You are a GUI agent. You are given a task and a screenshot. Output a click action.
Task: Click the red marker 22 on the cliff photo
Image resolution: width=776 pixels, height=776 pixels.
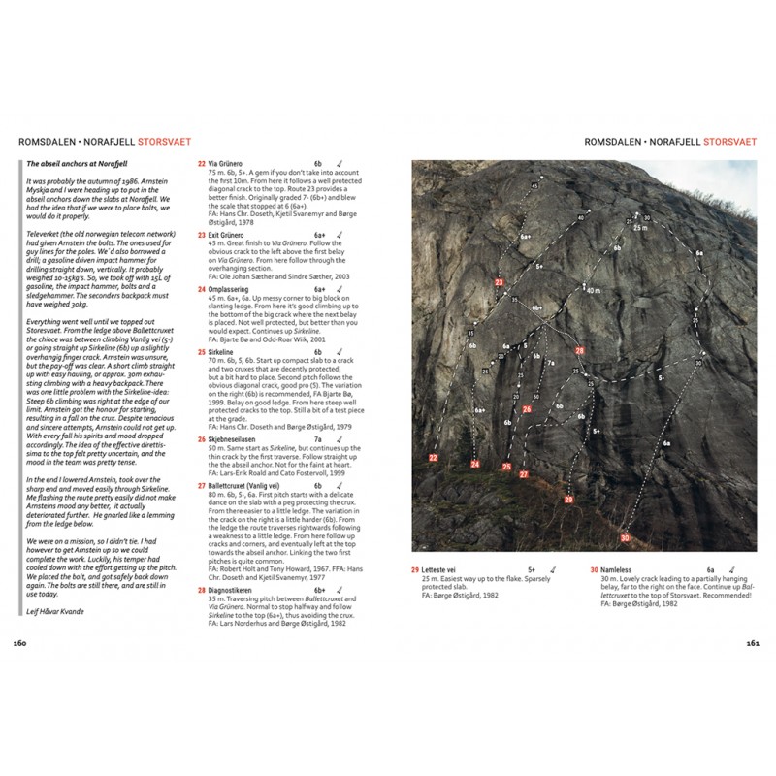[x=433, y=456]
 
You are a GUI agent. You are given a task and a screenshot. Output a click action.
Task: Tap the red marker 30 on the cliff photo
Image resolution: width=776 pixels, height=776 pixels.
[x=625, y=537]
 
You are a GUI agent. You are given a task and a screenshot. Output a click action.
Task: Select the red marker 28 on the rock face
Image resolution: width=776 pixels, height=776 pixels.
[x=580, y=350]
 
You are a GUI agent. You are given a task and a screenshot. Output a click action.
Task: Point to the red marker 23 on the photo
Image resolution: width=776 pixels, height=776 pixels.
[x=499, y=282]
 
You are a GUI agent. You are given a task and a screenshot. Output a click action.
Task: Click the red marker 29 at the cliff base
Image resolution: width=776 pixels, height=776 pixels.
[x=568, y=500]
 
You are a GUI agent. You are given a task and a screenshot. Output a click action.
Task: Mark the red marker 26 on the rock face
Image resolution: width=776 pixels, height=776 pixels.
[x=527, y=409]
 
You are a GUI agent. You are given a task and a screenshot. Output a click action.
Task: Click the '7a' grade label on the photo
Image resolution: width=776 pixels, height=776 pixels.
[x=550, y=364]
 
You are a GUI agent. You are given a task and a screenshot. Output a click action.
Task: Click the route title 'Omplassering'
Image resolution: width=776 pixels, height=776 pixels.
[x=231, y=289]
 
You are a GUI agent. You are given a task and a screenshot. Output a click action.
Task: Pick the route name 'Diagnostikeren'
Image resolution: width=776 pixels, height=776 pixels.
[x=232, y=589]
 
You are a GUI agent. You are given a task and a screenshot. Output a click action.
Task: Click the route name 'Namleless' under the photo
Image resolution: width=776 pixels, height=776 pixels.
[x=620, y=569]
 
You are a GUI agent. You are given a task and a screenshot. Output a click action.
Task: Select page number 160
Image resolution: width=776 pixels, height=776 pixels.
[x=21, y=642]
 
